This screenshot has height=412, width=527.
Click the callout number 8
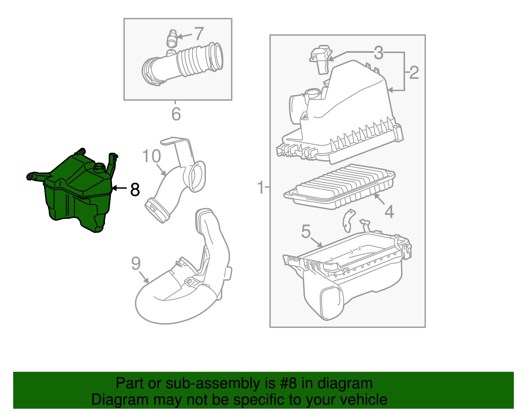point(135,190)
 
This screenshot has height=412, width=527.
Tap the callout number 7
point(199,34)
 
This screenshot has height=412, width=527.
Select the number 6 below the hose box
point(176,114)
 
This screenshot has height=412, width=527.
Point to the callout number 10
point(151,156)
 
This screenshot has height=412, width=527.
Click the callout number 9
point(136,264)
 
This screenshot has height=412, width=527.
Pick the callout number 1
point(261,187)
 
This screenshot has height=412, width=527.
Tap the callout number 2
point(414,73)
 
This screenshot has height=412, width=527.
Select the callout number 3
point(378,53)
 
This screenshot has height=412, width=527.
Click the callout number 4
point(389,211)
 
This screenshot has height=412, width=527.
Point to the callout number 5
point(306,232)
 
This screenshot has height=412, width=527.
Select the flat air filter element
point(339,186)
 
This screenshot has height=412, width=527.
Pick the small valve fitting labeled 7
point(172,39)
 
